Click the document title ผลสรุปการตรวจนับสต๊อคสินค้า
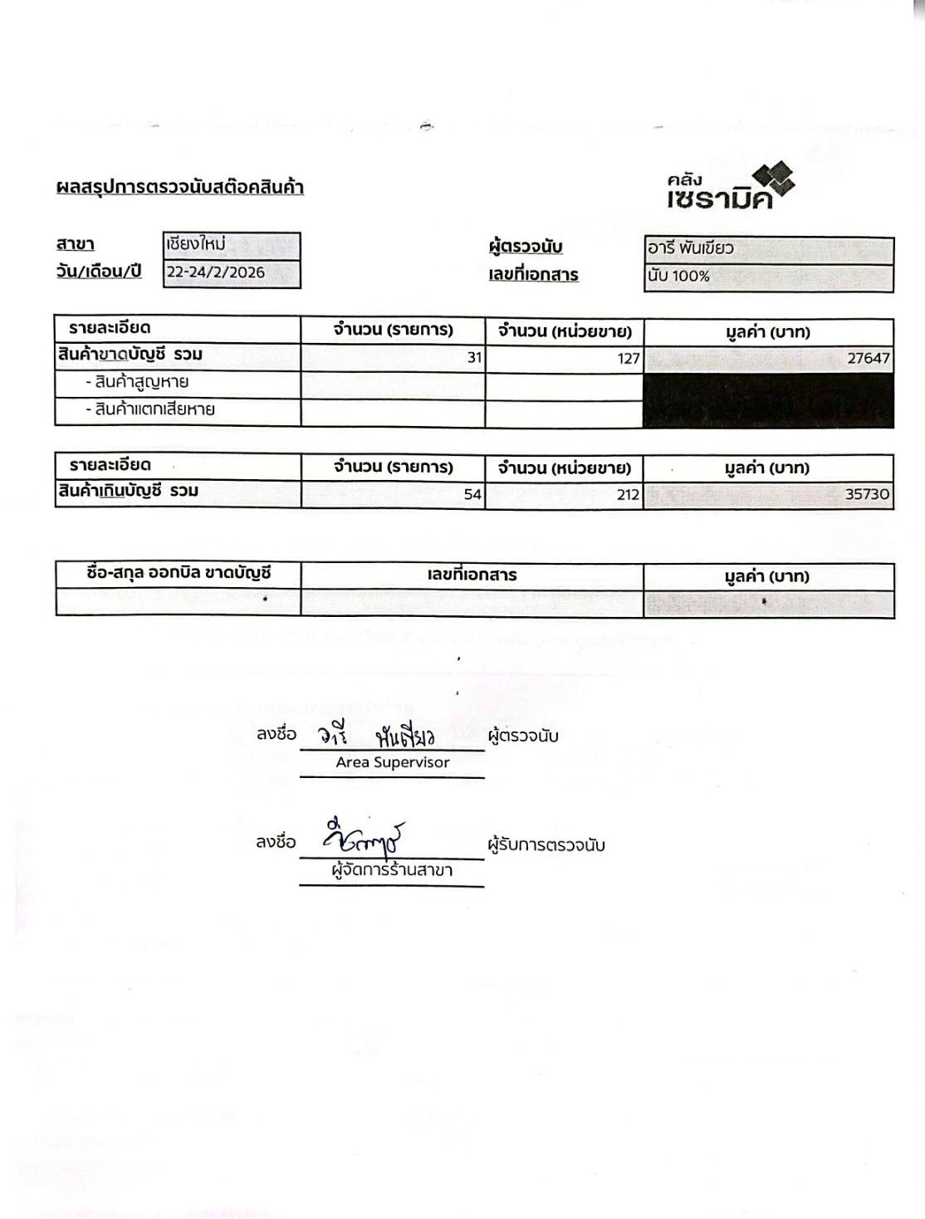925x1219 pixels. (179, 187)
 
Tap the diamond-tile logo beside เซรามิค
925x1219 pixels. (774, 181)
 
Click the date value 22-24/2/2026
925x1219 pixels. (215, 272)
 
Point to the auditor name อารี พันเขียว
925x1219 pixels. (691, 247)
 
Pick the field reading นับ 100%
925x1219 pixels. (679, 277)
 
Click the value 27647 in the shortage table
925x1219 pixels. (868, 358)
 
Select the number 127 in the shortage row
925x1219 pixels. (629, 358)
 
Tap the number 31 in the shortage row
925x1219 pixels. (474, 358)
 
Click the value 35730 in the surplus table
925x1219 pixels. (867, 494)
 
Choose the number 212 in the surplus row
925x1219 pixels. (628, 495)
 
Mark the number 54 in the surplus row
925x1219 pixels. (472, 495)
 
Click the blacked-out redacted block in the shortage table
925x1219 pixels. (768, 399)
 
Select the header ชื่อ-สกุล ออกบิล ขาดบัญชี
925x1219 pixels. (179, 573)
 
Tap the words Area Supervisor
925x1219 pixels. (392, 762)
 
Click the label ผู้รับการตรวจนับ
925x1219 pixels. (546, 845)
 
